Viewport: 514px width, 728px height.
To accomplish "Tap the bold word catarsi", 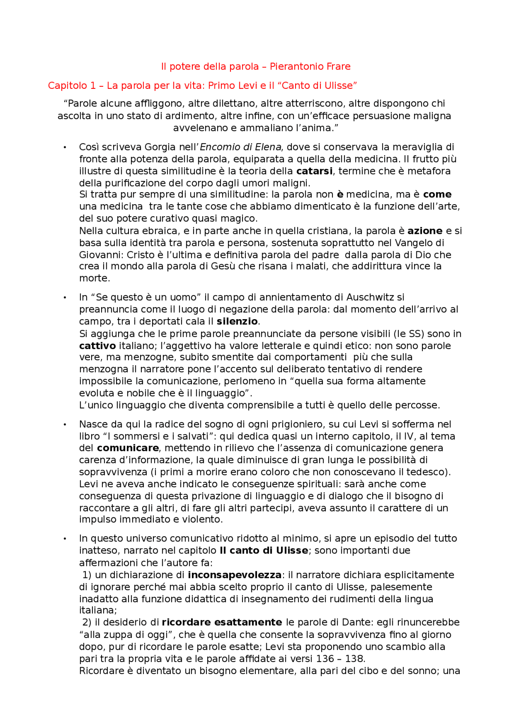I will (x=314, y=171).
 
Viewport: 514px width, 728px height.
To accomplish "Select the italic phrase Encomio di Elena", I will (x=240, y=147).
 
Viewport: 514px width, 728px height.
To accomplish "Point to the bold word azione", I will (x=424, y=231).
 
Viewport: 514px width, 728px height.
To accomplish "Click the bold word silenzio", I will (x=237, y=322).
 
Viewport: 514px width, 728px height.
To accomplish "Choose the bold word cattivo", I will (x=97, y=346).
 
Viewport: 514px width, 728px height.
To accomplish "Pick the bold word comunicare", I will (x=128, y=448).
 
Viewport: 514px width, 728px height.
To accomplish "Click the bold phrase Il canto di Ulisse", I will (x=264, y=551).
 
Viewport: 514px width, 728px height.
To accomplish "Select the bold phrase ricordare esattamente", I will (x=222, y=623).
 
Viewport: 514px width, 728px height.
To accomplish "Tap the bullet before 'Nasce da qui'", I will (x=65, y=425).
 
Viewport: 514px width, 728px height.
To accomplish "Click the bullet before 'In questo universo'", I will (x=65, y=539).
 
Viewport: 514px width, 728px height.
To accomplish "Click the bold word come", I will (x=437, y=195).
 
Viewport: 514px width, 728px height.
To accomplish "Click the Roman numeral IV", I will (x=408, y=437).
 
